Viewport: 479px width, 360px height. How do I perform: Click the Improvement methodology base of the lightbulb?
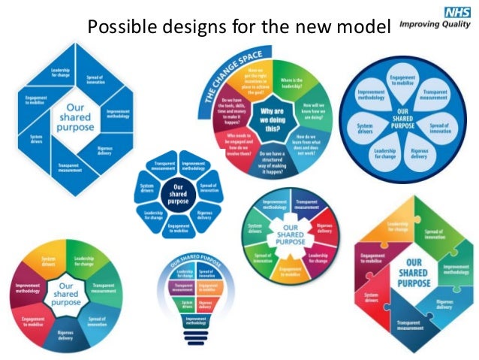click(197, 322)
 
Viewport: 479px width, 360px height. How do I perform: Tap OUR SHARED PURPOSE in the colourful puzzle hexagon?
click(413, 273)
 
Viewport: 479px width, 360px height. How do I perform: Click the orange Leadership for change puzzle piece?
click(398, 225)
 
